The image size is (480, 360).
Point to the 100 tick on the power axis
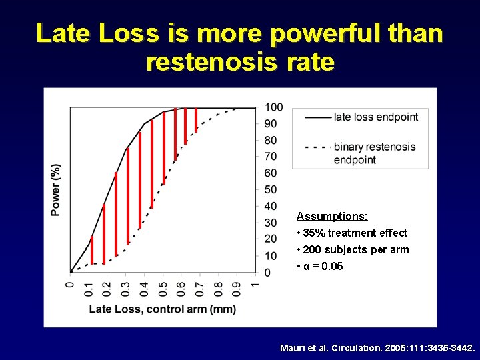(273, 107)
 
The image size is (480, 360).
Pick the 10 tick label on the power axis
(271, 256)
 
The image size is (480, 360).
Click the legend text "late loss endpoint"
(376, 117)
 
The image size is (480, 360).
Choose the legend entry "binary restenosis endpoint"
(374, 153)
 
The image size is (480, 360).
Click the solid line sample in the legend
(318, 117)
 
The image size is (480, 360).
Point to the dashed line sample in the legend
(318, 147)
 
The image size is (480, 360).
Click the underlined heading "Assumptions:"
(332, 217)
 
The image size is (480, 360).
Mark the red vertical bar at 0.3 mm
(128, 200)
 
